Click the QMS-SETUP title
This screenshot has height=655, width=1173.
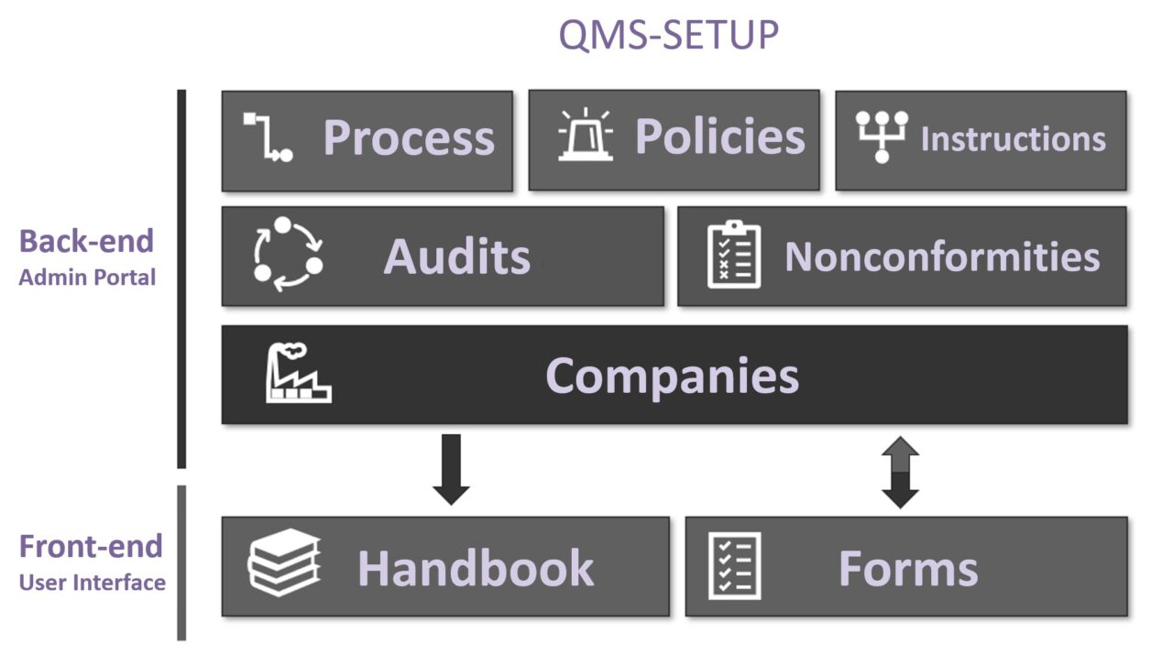[x=669, y=35]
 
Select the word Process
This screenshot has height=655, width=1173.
[x=409, y=138]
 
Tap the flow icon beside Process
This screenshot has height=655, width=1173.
[x=268, y=137]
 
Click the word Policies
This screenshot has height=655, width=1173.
[x=719, y=136]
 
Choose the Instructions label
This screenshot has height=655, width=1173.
[x=1013, y=139]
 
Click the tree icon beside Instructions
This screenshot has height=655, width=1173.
[x=882, y=136]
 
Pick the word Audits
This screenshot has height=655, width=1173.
[x=456, y=256]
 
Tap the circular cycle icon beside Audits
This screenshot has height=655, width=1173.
[x=288, y=254]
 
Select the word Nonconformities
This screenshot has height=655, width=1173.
[x=942, y=257]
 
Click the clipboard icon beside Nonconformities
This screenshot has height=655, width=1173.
[x=734, y=255]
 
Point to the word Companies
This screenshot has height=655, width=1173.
[x=672, y=376]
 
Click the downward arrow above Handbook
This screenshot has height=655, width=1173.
[x=451, y=469]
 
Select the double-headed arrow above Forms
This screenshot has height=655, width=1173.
[x=900, y=472]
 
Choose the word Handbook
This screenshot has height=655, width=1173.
[x=476, y=568]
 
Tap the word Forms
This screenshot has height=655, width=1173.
[x=908, y=568]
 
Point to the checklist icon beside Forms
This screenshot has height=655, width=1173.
[x=734, y=565]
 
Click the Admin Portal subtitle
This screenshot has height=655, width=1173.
[x=87, y=277]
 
